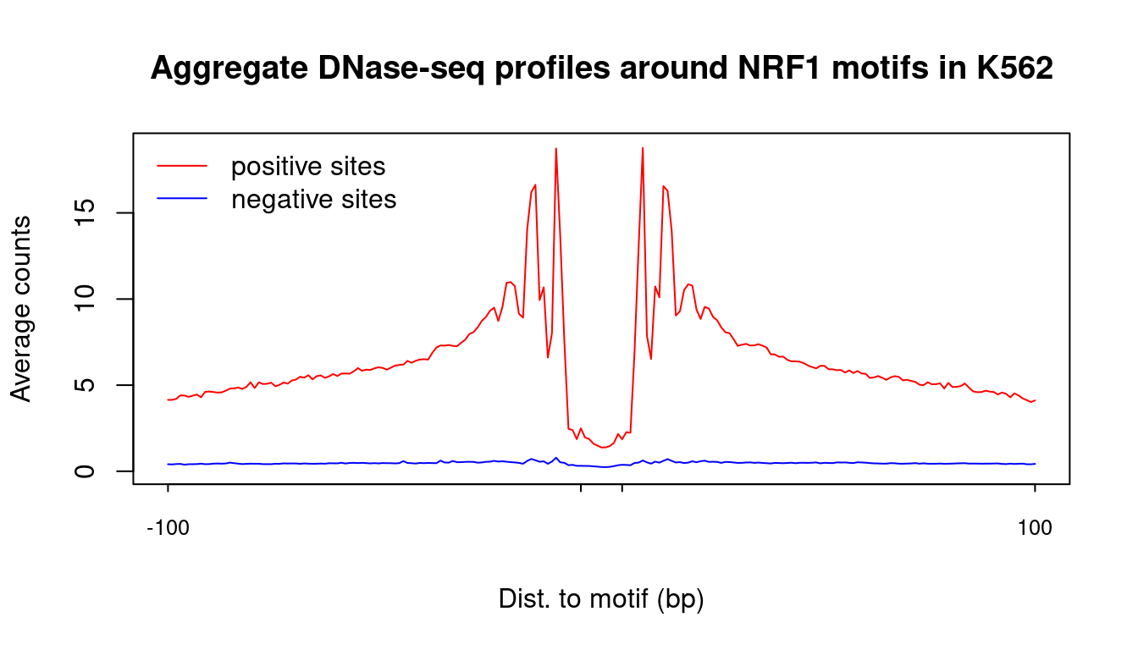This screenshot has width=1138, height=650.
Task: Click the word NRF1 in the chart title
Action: (779, 68)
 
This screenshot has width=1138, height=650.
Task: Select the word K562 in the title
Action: (1014, 68)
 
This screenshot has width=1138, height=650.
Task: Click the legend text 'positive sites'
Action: (308, 167)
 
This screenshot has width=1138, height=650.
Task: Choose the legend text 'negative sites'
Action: (314, 199)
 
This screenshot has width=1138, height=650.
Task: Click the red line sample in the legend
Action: (182, 166)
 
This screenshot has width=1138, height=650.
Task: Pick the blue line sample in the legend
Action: (182, 198)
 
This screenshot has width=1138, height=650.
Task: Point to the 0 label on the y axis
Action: (85, 471)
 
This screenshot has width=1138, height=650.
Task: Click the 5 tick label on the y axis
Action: (85, 385)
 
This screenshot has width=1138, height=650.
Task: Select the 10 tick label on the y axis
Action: (85, 299)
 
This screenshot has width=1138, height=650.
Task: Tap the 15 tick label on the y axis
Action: (85, 212)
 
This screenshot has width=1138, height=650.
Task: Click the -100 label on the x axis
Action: (168, 528)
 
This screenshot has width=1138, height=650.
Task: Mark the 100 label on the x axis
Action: (1035, 528)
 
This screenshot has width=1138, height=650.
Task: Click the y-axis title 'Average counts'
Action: (21, 309)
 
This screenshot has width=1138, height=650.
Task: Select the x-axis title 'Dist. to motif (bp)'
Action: (601, 599)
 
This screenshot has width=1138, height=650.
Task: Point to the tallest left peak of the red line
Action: (556, 149)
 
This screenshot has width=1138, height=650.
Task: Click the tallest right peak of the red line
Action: (643, 148)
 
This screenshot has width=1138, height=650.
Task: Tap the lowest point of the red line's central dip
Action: (603, 448)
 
